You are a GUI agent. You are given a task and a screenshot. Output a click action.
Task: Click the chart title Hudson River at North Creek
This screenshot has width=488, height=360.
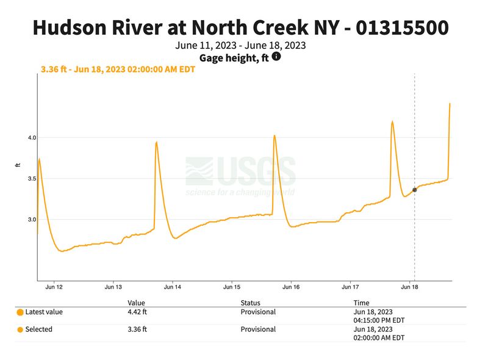(240, 27)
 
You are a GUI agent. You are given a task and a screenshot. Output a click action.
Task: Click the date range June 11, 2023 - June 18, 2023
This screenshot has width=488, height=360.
(240, 46)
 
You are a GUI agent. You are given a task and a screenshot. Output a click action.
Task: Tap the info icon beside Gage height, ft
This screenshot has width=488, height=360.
(276, 57)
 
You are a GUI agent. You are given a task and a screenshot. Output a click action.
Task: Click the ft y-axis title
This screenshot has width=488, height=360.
(18, 165)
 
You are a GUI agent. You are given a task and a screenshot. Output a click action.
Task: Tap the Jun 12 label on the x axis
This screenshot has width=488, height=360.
(54, 286)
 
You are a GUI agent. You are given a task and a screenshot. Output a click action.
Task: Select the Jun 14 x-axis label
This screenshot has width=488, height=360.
(173, 286)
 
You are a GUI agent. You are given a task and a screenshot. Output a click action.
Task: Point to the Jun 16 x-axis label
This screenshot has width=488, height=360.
(292, 286)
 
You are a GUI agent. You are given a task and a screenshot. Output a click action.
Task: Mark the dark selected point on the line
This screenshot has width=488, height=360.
(415, 190)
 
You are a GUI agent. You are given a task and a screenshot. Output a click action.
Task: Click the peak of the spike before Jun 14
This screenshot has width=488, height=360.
(157, 142)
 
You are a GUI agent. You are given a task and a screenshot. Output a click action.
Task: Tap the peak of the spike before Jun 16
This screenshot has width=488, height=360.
(274, 135)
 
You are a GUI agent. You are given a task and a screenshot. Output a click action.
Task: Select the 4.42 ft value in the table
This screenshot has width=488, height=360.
(137, 312)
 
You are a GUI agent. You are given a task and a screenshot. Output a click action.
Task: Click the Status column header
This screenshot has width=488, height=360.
(250, 303)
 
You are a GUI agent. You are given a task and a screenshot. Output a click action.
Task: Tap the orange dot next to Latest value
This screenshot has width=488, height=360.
(20, 312)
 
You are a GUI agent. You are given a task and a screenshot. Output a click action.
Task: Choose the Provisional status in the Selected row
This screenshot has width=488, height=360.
(258, 329)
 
